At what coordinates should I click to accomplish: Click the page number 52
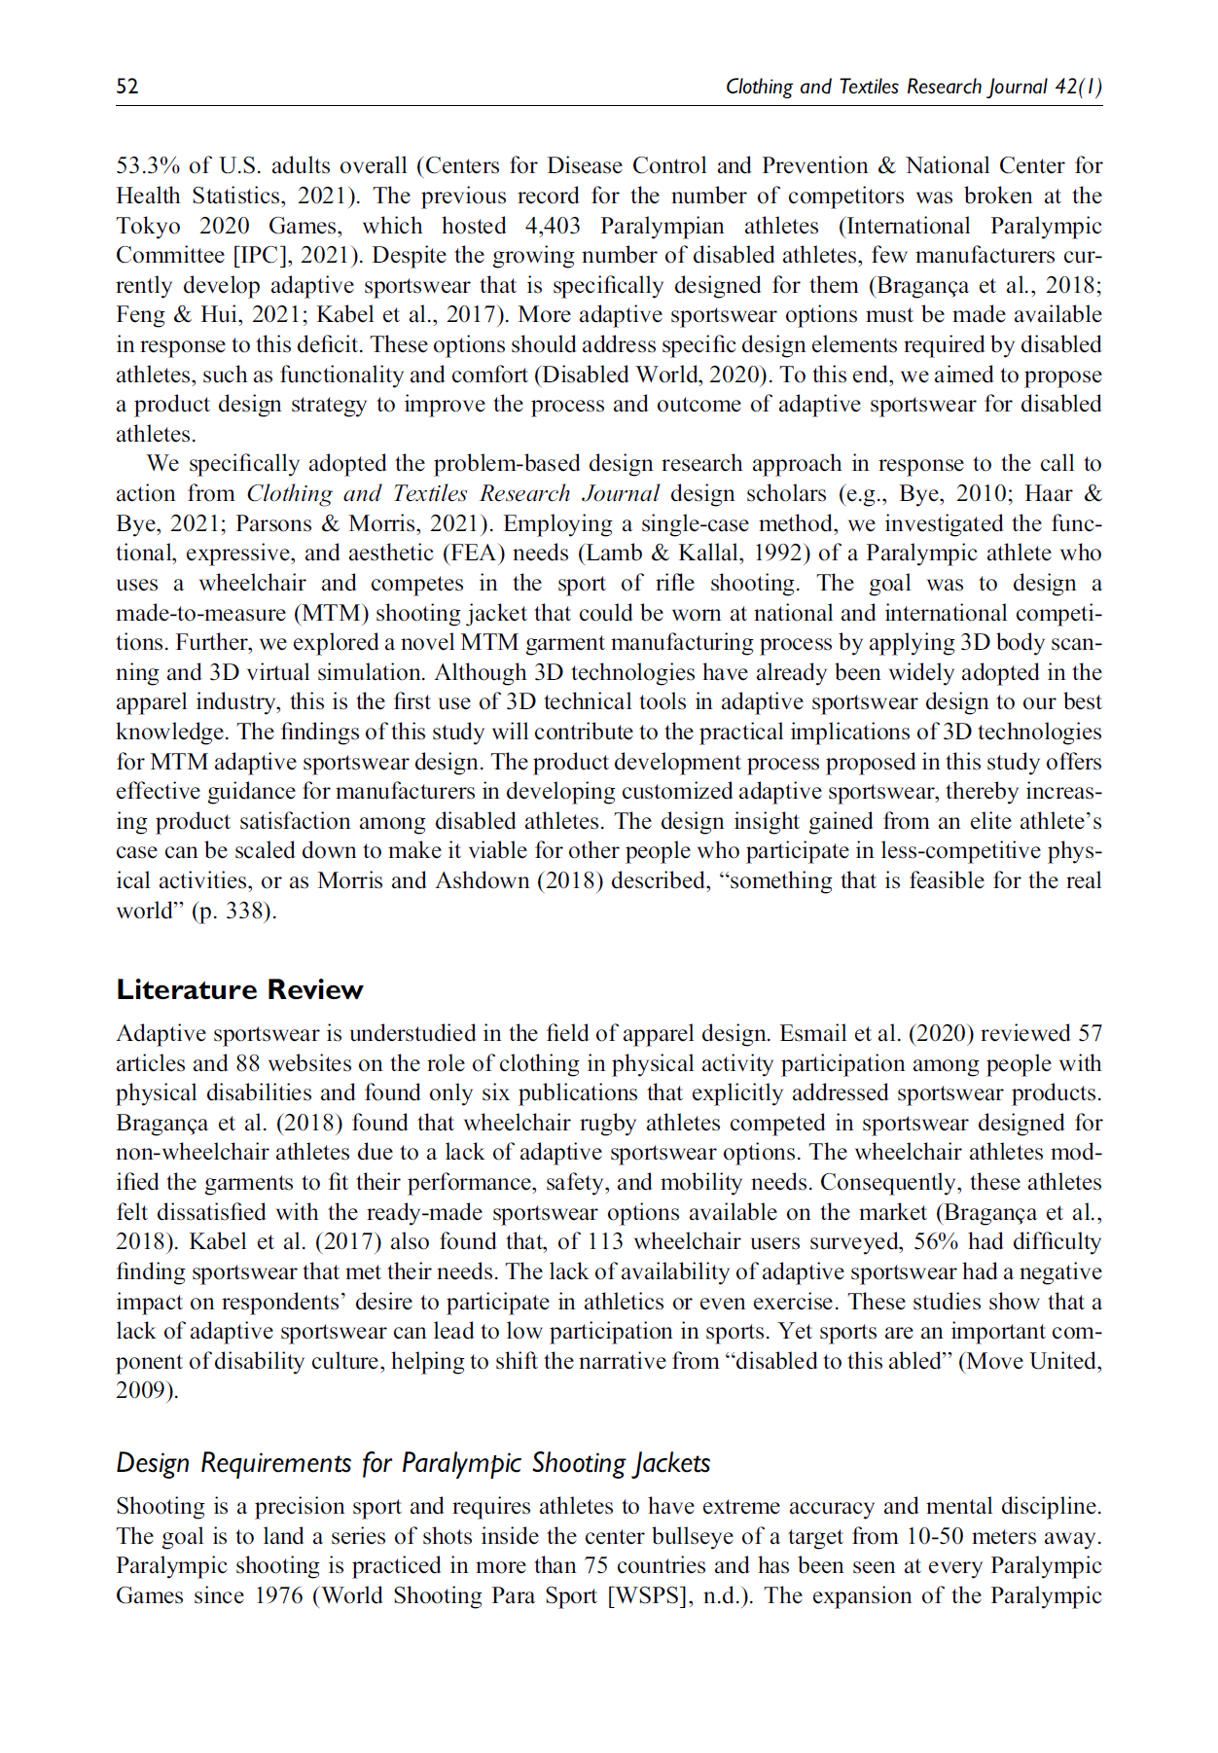126,87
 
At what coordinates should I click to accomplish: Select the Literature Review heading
239,990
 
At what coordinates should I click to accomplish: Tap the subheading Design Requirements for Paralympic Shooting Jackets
412,1463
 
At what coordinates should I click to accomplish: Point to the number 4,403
552,226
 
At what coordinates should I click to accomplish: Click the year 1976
278,1596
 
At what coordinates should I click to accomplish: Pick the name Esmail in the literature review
814,1034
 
